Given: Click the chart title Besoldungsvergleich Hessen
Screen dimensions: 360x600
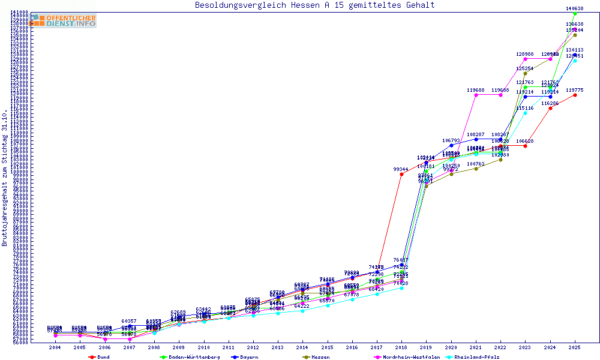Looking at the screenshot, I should coord(315,5).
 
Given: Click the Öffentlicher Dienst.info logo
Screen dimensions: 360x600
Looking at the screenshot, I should coord(63,21).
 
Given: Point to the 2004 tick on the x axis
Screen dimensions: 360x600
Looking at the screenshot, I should coord(55,347).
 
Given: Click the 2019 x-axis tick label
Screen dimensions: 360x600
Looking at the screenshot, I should coord(426,347).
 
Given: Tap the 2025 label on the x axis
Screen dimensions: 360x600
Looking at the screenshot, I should coord(575,347).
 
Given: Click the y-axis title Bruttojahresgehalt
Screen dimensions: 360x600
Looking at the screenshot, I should coord(5,178).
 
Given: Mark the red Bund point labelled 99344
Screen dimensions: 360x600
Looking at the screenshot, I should coord(401,175).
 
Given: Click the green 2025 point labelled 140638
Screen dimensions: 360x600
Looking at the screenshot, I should coord(575,13).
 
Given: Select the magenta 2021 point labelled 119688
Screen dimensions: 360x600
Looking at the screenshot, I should coord(476,95).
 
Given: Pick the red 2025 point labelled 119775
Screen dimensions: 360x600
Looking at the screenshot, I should coord(575,95).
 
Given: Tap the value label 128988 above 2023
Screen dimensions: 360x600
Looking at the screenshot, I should coord(525,55).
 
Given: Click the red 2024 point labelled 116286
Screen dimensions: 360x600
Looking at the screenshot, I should coord(550,108).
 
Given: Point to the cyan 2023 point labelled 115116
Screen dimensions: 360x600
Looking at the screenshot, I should coord(525,113).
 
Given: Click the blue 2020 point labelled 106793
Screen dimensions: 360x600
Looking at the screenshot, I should coord(451,145).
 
